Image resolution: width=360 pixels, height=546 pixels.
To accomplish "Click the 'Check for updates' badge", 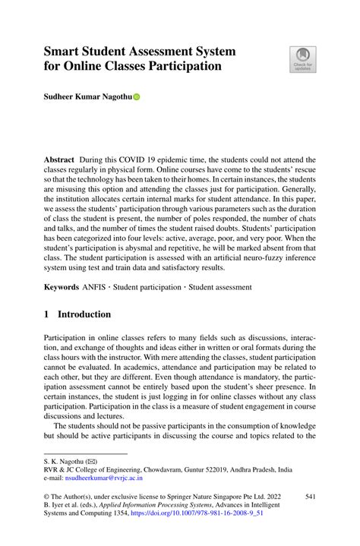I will tap(302, 60).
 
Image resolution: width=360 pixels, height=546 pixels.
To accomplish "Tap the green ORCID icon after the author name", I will tap(137, 98).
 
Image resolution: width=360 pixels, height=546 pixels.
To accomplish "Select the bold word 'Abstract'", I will tap(58, 161).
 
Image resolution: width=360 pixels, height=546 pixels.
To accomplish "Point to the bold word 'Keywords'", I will tap(61, 288).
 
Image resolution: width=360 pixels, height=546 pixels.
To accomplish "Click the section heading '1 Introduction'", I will tap(77, 314).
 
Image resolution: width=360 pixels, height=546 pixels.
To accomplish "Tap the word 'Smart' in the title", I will tap(65, 51).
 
